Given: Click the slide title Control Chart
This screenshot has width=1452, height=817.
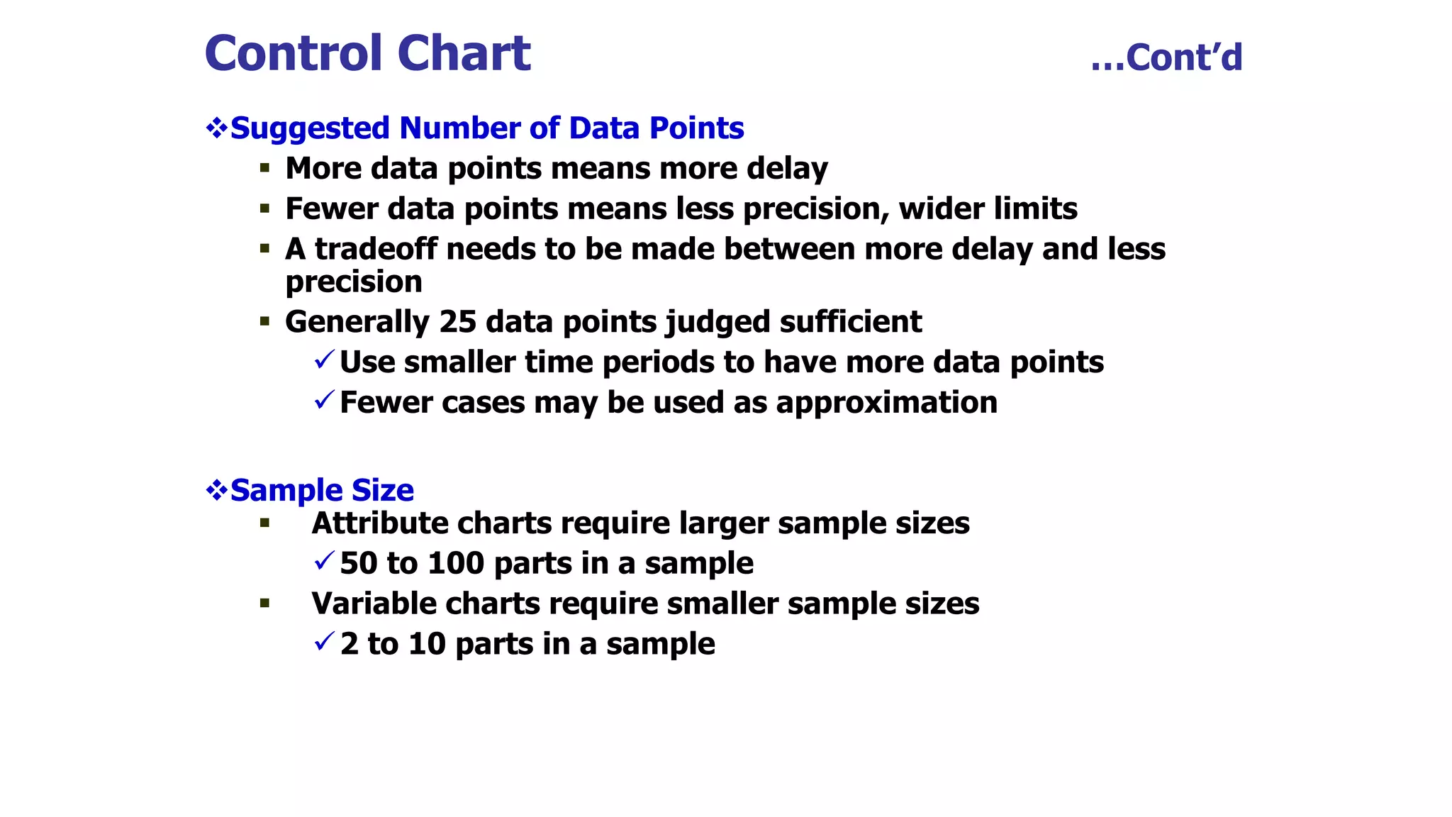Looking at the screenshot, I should point(367,54).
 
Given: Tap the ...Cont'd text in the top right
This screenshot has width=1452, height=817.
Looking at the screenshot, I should point(1166,57).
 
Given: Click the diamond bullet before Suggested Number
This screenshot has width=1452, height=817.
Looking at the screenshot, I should point(216,128).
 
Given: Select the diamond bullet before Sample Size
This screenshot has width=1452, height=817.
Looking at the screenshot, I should point(216,490).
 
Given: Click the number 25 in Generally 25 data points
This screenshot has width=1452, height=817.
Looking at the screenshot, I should point(457,322).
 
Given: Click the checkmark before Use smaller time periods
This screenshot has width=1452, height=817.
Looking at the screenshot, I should point(324,360).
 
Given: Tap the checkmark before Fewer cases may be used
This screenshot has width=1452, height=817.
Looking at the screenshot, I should point(324,400).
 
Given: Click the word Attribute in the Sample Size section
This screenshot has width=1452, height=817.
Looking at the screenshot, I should point(379,523).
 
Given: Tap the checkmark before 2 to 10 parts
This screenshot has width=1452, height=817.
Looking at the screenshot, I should point(324,642).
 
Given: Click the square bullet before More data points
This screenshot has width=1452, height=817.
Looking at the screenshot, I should point(264,169).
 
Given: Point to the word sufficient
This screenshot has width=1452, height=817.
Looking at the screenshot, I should point(850,322).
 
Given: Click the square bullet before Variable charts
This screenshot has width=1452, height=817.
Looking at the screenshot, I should point(264,604).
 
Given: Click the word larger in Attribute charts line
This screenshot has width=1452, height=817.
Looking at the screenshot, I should point(723,523).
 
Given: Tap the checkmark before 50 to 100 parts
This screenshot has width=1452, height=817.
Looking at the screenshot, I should point(324,561).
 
